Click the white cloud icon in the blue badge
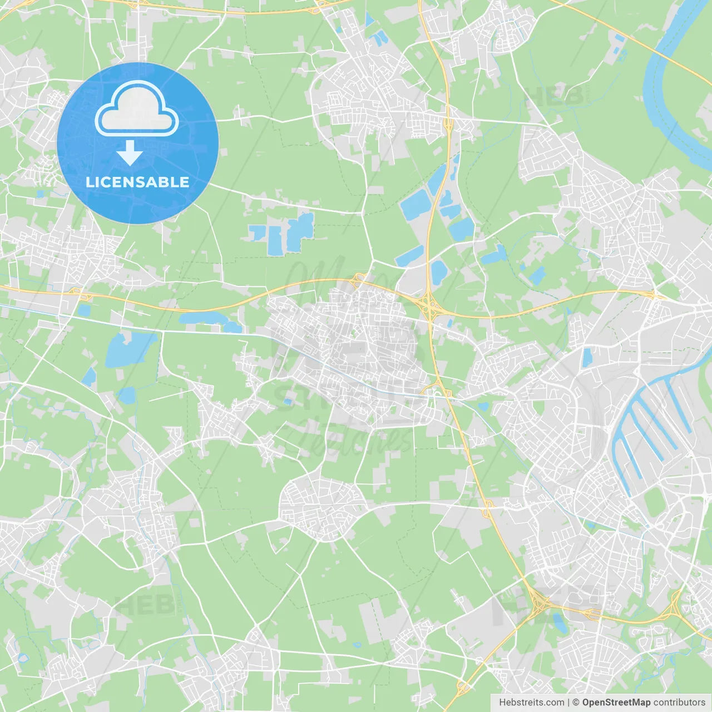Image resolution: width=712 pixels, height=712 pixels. (137, 108)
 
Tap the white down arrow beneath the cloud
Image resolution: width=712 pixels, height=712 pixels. (130, 153)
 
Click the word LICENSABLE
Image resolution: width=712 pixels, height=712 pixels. (137, 182)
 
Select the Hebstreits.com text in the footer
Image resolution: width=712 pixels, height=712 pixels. (531, 703)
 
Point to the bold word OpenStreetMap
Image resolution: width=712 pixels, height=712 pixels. (616, 703)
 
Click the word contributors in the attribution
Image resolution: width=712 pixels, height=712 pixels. (679, 703)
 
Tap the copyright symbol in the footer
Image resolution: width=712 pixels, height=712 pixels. (576, 703)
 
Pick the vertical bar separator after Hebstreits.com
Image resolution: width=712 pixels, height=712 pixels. (568, 703)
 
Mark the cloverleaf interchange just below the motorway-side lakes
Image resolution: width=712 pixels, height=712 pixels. (429, 305)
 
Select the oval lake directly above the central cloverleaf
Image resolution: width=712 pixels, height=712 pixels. (439, 273)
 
